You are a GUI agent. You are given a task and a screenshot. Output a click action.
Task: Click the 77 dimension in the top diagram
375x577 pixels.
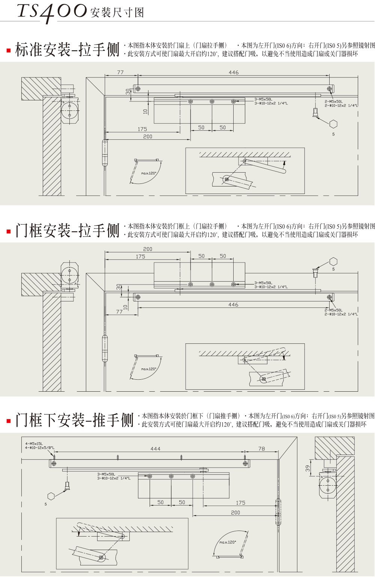(x=120, y=72)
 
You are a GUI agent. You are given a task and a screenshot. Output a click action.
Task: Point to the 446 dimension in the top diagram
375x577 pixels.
(x=233, y=72)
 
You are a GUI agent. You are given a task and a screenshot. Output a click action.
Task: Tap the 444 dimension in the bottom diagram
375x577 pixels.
(x=155, y=449)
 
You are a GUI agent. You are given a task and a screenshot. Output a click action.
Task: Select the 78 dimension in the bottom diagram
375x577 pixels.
(x=261, y=449)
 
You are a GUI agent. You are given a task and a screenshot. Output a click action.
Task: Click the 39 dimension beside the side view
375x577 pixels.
(x=308, y=468)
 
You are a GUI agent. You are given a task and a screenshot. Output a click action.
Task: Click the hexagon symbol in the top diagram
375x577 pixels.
(x=333, y=124)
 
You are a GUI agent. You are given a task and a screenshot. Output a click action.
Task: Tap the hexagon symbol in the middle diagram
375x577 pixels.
(x=333, y=261)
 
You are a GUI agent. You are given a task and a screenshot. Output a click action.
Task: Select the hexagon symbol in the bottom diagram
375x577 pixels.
(x=51, y=496)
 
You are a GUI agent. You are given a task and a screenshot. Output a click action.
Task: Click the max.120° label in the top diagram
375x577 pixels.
(x=148, y=173)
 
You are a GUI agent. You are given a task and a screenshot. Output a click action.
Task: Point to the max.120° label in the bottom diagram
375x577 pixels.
(x=228, y=542)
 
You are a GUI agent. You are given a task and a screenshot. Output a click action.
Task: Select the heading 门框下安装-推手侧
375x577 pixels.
(x=74, y=420)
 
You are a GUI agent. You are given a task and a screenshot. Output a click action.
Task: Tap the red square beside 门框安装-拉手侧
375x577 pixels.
(x=9, y=231)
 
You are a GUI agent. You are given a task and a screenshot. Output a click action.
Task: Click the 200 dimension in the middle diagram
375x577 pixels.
(x=148, y=249)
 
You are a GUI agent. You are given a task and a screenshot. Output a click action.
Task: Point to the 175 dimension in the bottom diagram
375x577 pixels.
(x=240, y=503)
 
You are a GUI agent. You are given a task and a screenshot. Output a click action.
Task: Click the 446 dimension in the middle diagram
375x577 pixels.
(x=233, y=305)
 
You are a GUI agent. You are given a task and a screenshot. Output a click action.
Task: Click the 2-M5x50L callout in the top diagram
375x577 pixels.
(x=334, y=101)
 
